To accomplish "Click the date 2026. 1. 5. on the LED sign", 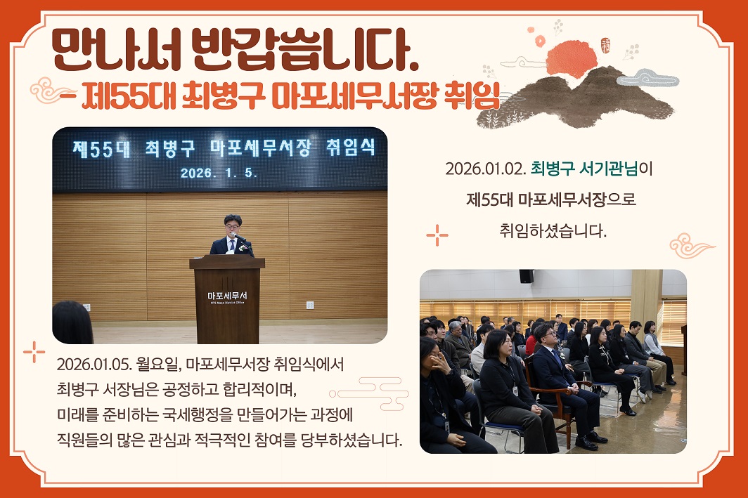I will click(219, 171).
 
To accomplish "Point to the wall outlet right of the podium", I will click(309, 305).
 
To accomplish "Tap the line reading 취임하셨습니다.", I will click(553, 230).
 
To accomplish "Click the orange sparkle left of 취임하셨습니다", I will click(437, 235).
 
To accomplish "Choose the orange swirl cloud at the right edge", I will click(690, 246).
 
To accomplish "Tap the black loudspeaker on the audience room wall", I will click(526, 276).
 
